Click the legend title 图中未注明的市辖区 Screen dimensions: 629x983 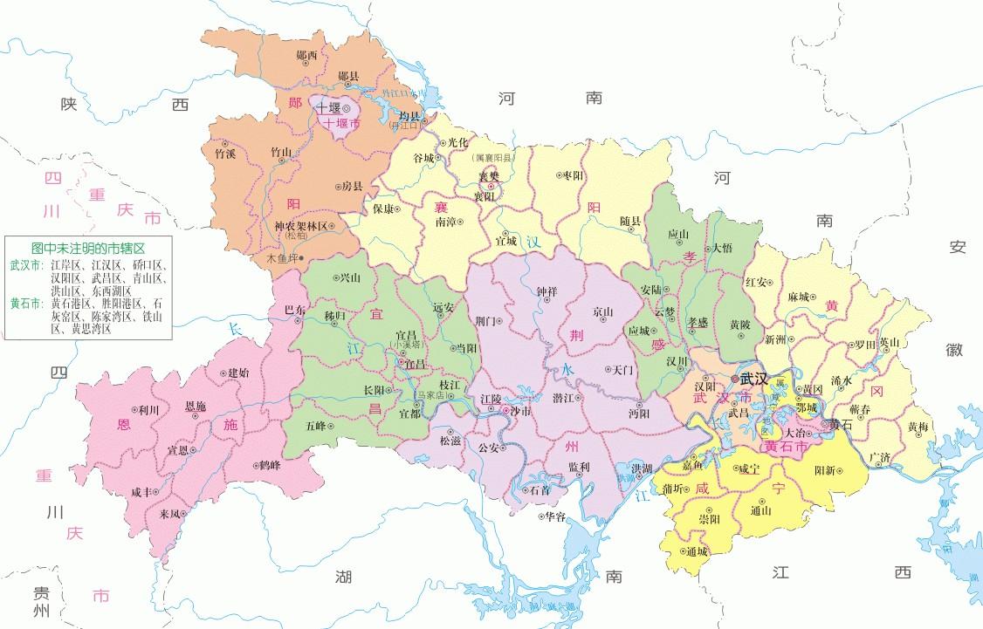coord(87,248)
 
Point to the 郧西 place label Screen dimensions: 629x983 coord(306,54)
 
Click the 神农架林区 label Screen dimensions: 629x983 coord(299,226)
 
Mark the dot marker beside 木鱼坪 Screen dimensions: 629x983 coord(300,258)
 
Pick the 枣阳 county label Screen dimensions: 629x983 coord(573,175)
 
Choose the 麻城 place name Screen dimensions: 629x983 coord(799,297)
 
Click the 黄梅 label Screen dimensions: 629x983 coord(918,427)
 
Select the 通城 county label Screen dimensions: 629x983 coord(697,551)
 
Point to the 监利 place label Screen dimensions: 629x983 coord(578,466)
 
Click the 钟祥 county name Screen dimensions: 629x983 coord(546,291)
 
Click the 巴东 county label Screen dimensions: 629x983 coord(295,309)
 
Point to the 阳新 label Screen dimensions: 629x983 coord(825,469)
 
